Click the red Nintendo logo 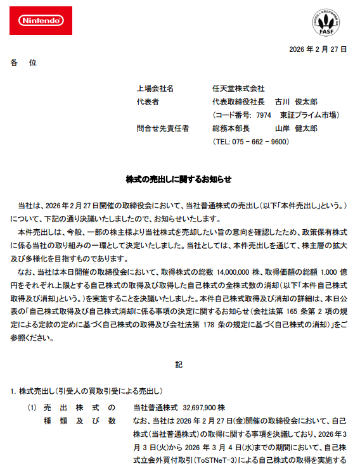42,21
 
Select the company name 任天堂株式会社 238,89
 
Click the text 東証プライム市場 309,115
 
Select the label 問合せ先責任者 163,128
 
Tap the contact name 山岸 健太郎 296,128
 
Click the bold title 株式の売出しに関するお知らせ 179,179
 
